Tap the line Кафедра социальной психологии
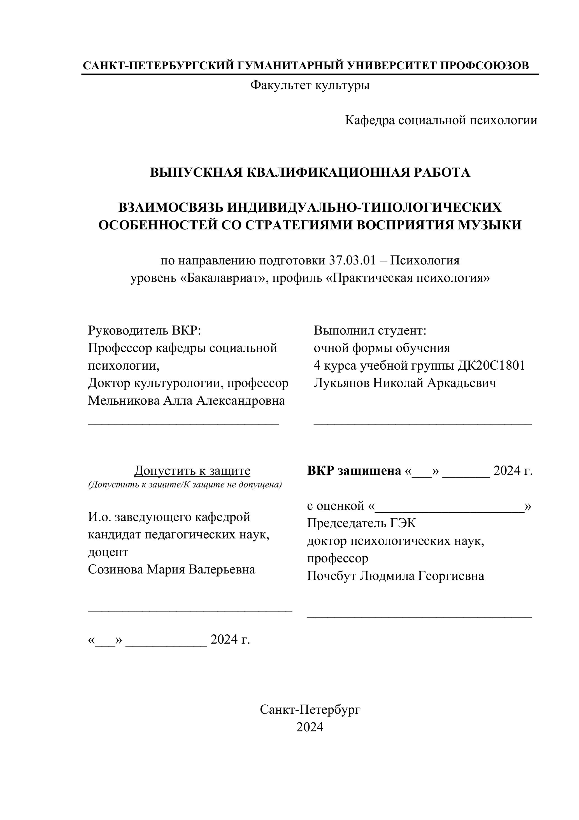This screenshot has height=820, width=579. [x=441, y=120]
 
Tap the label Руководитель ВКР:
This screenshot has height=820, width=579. [x=145, y=330]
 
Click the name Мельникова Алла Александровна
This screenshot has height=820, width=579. [x=186, y=401]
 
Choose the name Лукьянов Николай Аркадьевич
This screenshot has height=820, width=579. [x=405, y=383]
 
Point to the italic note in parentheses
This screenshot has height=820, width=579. [x=185, y=485]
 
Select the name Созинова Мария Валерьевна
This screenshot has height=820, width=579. [x=172, y=569]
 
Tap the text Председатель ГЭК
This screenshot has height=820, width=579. [x=361, y=523]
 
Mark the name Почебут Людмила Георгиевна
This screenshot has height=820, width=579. [x=396, y=576]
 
